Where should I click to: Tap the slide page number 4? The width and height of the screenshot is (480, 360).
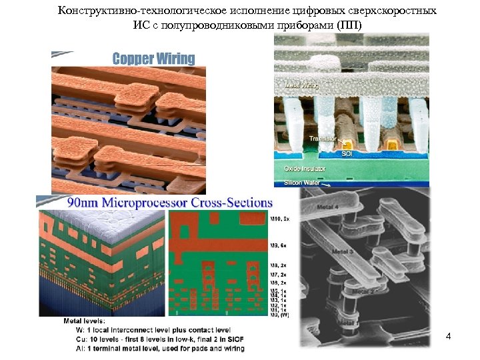click(x=449, y=336)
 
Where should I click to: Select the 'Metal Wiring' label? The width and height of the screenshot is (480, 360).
click(x=302, y=85)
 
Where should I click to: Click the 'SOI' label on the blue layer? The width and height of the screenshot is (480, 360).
click(x=348, y=154)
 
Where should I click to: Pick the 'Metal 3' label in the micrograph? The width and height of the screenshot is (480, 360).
click(x=341, y=251)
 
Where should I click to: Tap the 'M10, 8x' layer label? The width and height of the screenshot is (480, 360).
click(x=281, y=218)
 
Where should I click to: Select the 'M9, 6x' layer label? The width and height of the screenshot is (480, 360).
click(x=279, y=245)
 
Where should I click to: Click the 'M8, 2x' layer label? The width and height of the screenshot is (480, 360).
click(x=279, y=265)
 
